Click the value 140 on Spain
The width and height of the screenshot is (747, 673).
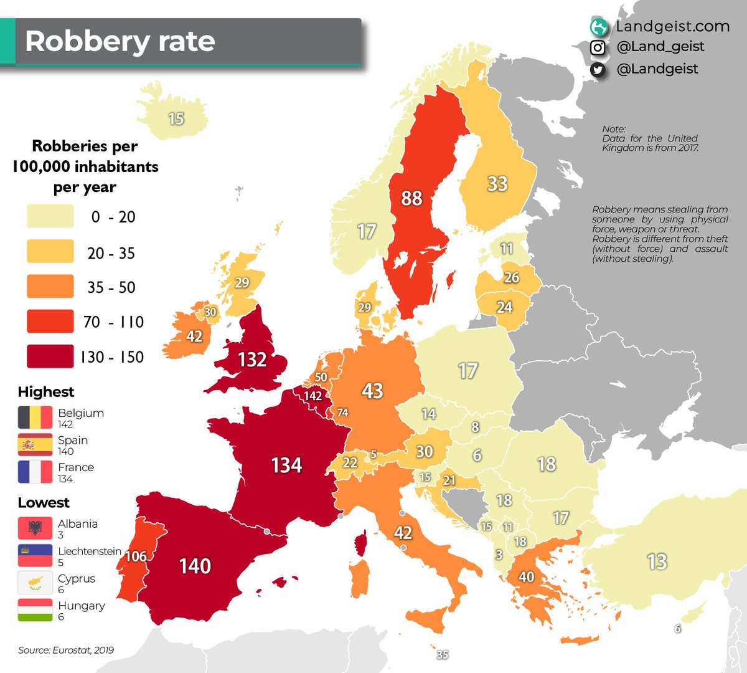195,566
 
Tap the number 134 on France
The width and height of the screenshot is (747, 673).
286,465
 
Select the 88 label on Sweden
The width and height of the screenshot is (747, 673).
411,198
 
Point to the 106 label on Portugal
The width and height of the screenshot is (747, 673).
136,556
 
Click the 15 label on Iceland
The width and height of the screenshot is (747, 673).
176,118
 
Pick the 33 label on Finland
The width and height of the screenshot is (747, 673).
497,184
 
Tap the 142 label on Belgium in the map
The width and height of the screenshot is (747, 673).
312,396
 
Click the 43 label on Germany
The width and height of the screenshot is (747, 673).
372,391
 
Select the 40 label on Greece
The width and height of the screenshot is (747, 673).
527,576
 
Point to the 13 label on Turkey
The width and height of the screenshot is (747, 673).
657,562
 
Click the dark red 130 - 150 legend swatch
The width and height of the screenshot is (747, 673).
50,356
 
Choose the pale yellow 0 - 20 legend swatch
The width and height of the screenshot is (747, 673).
50,216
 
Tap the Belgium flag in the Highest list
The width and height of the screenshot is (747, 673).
35,418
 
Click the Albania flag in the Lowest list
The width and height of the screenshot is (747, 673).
35,528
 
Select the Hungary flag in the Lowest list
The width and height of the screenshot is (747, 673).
35,610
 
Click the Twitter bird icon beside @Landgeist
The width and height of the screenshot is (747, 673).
598,70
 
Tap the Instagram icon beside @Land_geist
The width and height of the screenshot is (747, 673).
598,47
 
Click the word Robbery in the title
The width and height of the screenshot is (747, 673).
87,41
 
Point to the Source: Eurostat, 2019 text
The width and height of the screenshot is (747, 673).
66,650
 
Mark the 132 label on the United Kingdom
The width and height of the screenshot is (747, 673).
252,360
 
